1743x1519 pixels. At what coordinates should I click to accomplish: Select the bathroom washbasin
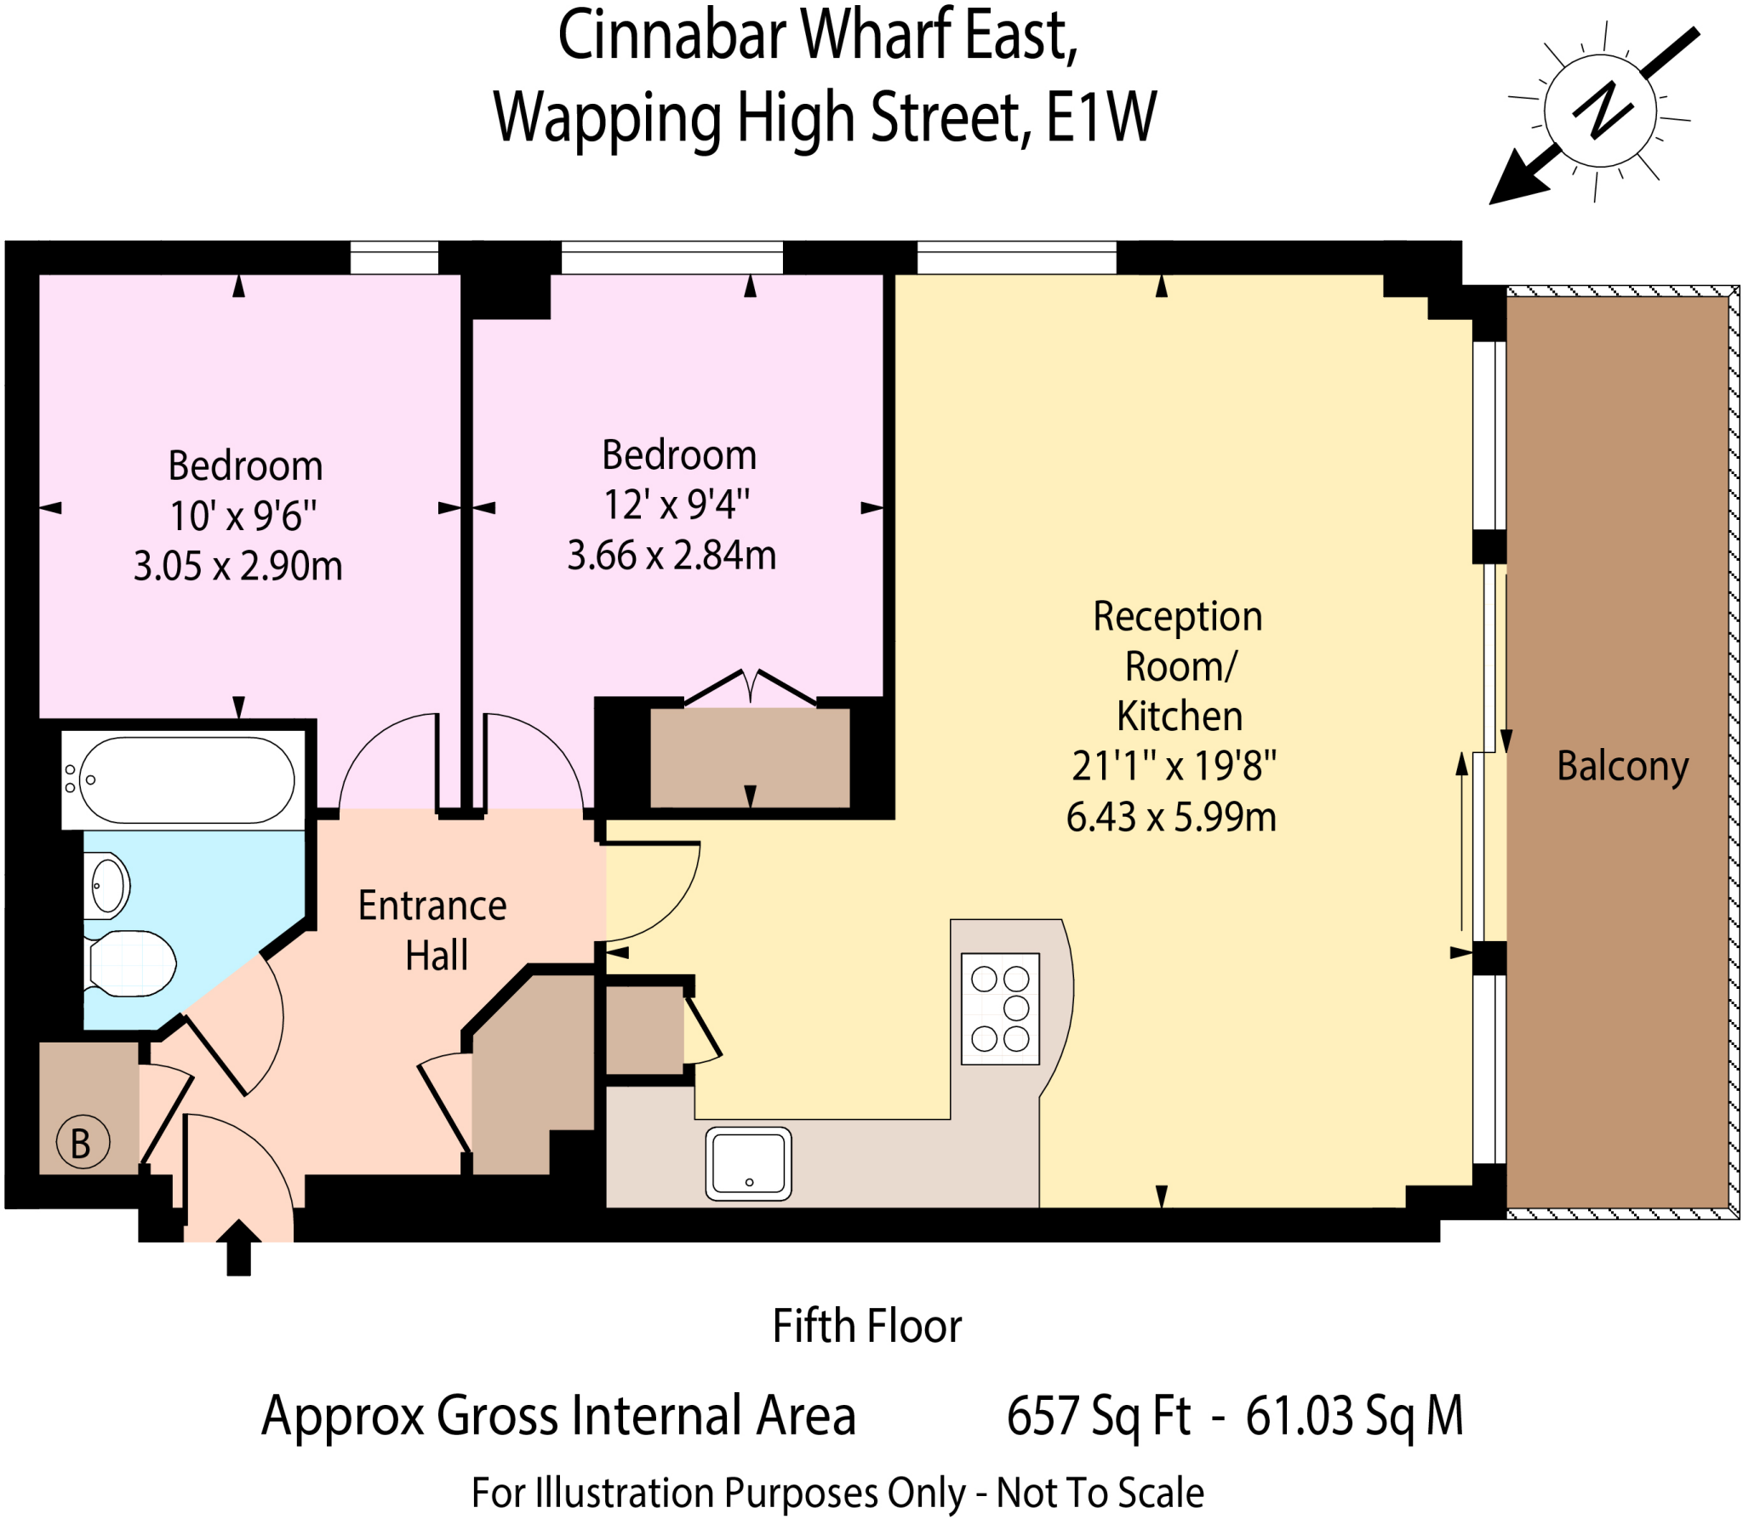pos(108,885)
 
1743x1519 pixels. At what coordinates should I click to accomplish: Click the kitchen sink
pos(748,1162)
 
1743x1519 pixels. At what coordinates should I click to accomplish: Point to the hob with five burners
pos(1000,1008)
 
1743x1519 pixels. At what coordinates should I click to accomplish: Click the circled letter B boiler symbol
pos(83,1143)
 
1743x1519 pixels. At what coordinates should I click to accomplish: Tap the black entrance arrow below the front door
pos(239,1248)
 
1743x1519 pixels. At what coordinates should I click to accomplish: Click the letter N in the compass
pos(1602,111)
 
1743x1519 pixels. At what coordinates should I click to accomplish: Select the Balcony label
pos(1622,766)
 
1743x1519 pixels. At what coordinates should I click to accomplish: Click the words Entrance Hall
pos(433,930)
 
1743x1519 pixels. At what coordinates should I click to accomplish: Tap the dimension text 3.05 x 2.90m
pos(238,566)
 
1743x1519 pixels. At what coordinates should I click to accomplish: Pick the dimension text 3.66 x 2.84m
pos(671,556)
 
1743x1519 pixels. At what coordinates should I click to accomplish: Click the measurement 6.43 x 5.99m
pos(1171,817)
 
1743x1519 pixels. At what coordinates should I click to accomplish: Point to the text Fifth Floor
pos(866,1326)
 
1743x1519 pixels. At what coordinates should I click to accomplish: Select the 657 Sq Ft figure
pos(1099,1417)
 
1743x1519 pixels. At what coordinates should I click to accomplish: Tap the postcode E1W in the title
pos(1100,117)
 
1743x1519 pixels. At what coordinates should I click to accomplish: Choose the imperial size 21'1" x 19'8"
pos(1174,766)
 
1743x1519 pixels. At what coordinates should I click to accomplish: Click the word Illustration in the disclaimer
pos(624,1493)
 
